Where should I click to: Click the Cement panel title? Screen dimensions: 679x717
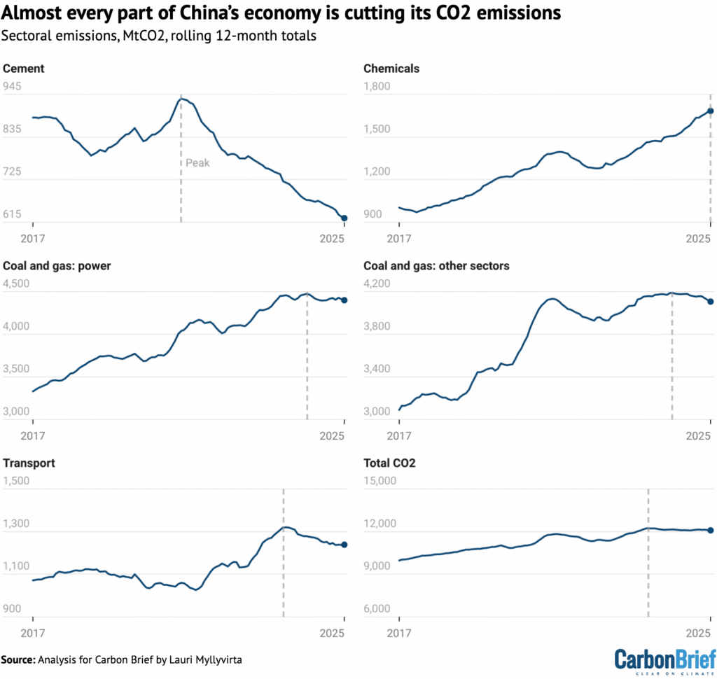[x=24, y=69]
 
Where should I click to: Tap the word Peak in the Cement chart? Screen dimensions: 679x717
[x=197, y=163]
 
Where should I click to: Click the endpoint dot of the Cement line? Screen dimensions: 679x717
[x=344, y=218]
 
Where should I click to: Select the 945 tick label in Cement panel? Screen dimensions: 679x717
[x=13, y=87]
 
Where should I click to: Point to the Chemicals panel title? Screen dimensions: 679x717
[x=391, y=69]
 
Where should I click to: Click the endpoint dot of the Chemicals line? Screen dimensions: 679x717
[x=710, y=111]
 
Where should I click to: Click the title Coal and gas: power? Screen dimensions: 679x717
[x=57, y=266]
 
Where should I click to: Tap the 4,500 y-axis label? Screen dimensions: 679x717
[x=18, y=284]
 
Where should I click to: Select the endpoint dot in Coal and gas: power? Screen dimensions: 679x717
[x=344, y=300]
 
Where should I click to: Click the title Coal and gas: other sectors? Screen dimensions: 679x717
[x=436, y=266]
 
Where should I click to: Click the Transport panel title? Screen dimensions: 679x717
[x=29, y=463]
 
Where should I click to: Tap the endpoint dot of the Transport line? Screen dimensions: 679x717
[x=344, y=545]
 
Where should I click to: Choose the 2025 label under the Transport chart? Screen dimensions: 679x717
[x=332, y=633]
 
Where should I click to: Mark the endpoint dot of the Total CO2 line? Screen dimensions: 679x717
[x=710, y=531]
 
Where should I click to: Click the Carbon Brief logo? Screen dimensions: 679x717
[x=664, y=660]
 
